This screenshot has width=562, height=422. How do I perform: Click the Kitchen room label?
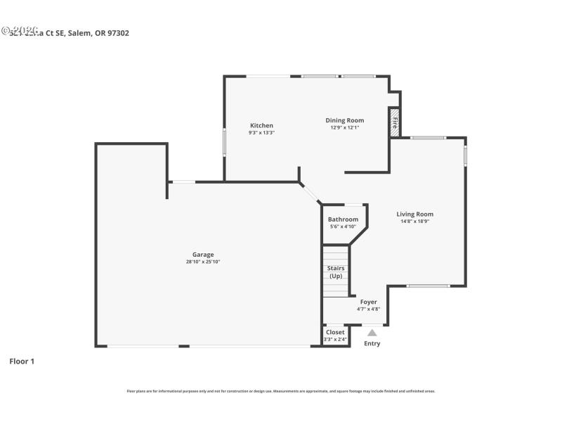(261, 125)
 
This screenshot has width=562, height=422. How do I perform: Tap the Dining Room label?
(344, 120)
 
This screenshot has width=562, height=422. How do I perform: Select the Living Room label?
(414, 214)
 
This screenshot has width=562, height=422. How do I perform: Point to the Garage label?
(203, 255)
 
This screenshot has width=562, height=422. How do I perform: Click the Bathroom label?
(343, 219)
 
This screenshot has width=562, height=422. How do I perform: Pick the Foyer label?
(368, 302)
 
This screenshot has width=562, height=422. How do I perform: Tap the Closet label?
(335, 332)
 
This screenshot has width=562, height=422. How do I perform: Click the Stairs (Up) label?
(336, 271)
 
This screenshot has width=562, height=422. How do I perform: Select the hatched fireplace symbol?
(395, 120)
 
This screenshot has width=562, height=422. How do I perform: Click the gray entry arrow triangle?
(372, 333)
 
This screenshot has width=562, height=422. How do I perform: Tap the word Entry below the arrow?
(372, 343)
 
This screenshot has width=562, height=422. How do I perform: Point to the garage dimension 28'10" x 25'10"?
(203, 262)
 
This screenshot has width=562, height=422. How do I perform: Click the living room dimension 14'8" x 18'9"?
(414, 222)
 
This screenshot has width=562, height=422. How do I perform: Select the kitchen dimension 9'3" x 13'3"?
(261, 132)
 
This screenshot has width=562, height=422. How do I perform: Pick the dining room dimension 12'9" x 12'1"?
(344, 127)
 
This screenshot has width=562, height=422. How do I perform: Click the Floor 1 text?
(22, 361)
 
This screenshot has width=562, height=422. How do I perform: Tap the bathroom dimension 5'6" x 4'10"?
(343, 226)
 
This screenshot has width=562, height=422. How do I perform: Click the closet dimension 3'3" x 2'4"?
(335, 339)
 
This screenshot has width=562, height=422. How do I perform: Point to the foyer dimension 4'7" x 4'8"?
(368, 308)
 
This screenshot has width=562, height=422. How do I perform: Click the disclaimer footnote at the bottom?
(280, 391)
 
